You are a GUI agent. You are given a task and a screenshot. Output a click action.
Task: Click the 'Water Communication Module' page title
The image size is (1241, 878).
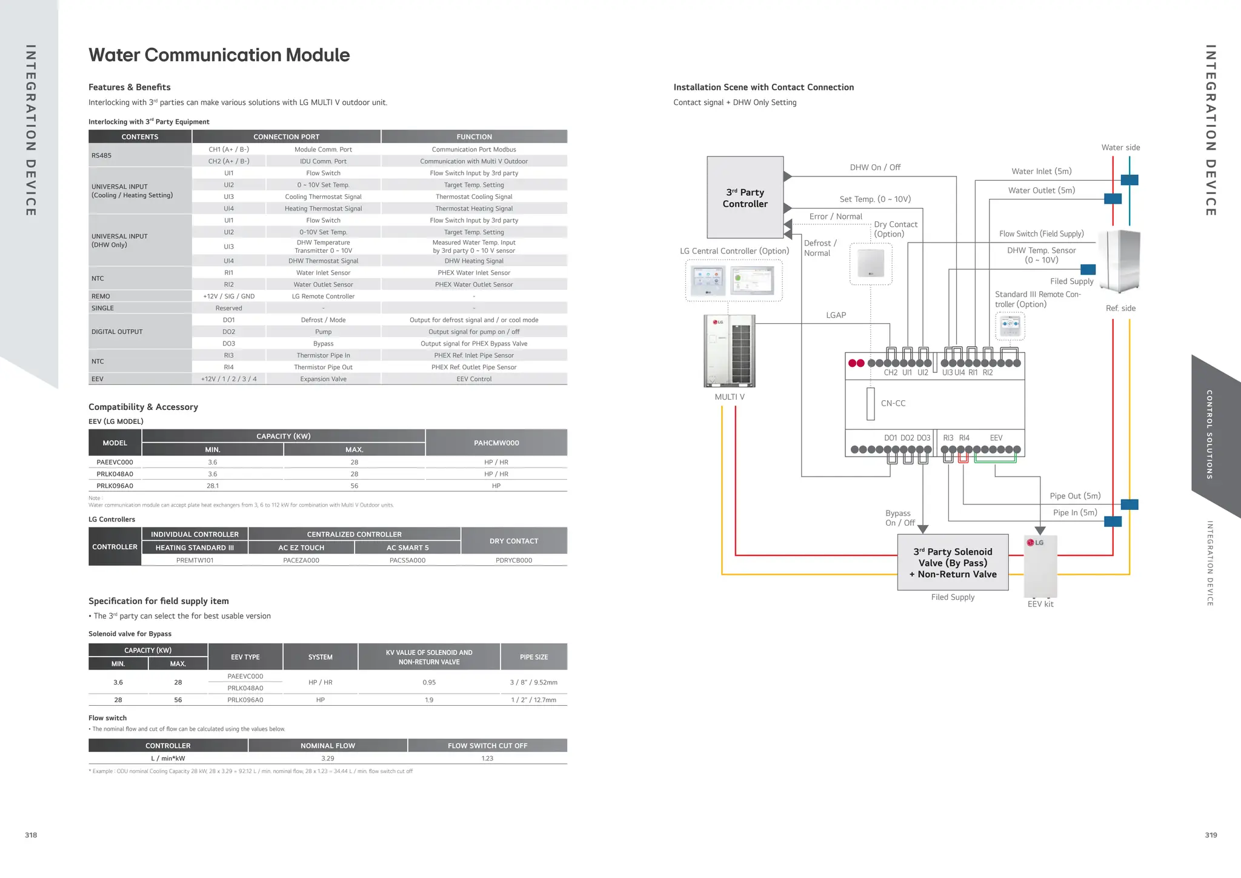219,55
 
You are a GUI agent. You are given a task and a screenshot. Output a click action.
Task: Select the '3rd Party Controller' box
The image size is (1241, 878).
745,198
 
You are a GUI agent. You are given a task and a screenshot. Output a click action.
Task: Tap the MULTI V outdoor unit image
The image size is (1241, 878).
730,350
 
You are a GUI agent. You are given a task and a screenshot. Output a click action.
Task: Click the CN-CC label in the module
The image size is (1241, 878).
893,403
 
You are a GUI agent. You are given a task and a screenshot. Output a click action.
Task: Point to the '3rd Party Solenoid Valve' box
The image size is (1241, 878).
953,562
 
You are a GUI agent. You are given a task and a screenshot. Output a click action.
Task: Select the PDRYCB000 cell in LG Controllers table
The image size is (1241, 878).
513,560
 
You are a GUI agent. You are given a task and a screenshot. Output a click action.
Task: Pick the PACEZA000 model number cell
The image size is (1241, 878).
301,560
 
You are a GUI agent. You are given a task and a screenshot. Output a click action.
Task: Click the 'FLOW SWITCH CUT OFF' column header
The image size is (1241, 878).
487,746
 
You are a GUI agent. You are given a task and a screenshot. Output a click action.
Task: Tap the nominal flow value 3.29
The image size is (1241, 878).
327,759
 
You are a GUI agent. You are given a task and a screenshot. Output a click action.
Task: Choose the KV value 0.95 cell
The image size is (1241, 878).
429,682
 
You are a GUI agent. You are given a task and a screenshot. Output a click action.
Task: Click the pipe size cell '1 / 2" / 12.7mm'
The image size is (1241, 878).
533,700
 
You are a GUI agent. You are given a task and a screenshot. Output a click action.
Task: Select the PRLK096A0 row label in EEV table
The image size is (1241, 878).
115,486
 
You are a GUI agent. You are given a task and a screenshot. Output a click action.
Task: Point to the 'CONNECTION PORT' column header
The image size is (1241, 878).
286,137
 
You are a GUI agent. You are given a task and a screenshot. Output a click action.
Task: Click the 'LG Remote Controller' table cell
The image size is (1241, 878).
323,297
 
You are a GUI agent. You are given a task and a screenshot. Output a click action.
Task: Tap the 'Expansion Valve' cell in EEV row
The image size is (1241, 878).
323,379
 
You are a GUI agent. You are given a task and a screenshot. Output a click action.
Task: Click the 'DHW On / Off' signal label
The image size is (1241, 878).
875,167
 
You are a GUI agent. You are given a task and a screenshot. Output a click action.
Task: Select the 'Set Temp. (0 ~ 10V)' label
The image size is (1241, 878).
875,199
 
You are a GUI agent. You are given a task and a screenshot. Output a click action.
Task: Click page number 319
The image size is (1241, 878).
1211,835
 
